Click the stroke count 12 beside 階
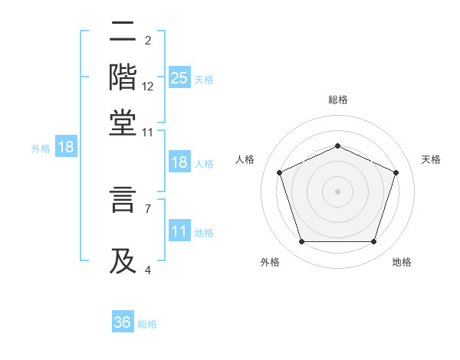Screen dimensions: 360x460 pyautogui.click(x=148, y=87)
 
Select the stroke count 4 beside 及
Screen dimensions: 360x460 pyautogui.click(x=148, y=270)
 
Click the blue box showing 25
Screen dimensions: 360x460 pyautogui.click(x=179, y=77)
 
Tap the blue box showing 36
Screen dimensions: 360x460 pyautogui.click(x=123, y=322)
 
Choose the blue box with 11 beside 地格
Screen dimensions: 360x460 pyautogui.click(x=179, y=231)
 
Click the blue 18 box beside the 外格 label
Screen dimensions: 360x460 pyautogui.click(x=65, y=147)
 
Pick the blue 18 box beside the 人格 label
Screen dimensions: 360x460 pyautogui.click(x=179, y=162)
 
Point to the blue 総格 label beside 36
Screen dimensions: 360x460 pyautogui.click(x=147, y=324)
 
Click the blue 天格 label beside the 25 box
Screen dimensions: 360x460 pyautogui.click(x=204, y=79)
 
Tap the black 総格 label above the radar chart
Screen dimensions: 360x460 pyautogui.click(x=337, y=100)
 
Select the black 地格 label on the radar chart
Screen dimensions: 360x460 pyautogui.click(x=402, y=262)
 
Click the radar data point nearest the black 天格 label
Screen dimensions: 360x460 pyautogui.click(x=396, y=172)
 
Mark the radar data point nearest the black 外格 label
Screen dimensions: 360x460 pyautogui.click(x=301, y=242)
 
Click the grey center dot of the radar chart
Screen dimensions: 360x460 pyautogui.click(x=337, y=191)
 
